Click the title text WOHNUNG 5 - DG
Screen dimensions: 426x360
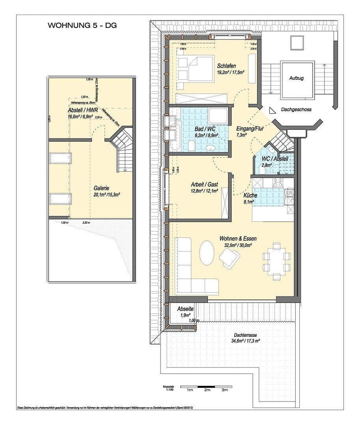(x=82, y=26)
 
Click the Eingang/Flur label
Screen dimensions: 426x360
(x=250, y=129)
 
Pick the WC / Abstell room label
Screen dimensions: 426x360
(x=275, y=159)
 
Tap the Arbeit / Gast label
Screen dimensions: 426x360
(x=204, y=184)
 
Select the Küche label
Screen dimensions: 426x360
(x=250, y=196)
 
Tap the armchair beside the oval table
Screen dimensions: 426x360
(x=229, y=258)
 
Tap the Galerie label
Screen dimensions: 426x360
(x=101, y=188)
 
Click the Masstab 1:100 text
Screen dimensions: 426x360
(x=168, y=388)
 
